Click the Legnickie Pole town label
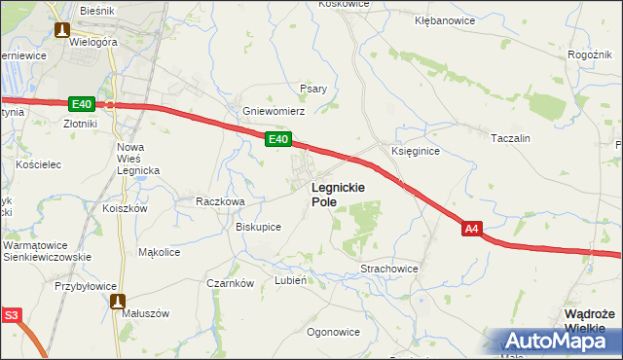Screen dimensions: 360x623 point(337,194)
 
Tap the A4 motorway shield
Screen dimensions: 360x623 point(471,229)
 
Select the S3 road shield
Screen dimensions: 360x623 point(11,314)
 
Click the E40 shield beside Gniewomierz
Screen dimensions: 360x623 point(277,141)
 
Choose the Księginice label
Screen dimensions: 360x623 point(416,152)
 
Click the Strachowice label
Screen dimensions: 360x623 point(388,268)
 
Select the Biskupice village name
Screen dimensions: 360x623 point(258,227)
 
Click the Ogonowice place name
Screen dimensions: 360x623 point(333,332)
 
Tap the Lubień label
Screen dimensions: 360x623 point(291,280)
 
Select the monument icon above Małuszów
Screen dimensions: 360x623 point(119,302)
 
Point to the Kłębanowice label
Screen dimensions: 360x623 point(445,19)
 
